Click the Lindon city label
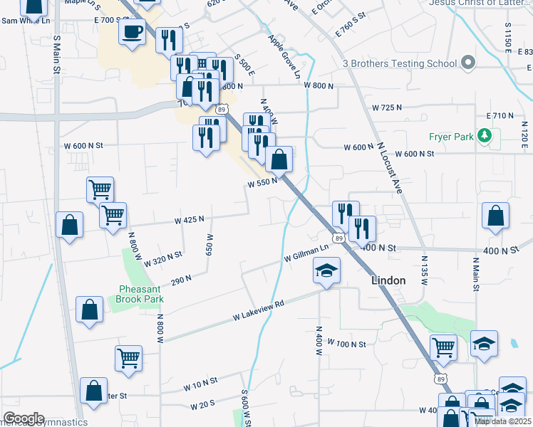(x=388, y=280)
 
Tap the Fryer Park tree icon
(x=485, y=135)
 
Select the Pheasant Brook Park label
(x=140, y=295)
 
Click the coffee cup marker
(x=132, y=32)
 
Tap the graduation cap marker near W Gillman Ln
(x=327, y=270)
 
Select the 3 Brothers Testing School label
(x=400, y=63)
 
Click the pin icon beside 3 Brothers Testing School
(x=467, y=63)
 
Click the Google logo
(x=24, y=418)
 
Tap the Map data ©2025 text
(x=502, y=421)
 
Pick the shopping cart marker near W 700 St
(x=443, y=347)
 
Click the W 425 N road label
(x=190, y=220)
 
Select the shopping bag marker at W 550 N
(x=279, y=160)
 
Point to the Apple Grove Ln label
(x=284, y=58)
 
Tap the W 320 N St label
(x=163, y=258)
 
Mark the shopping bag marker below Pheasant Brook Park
(x=89, y=310)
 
